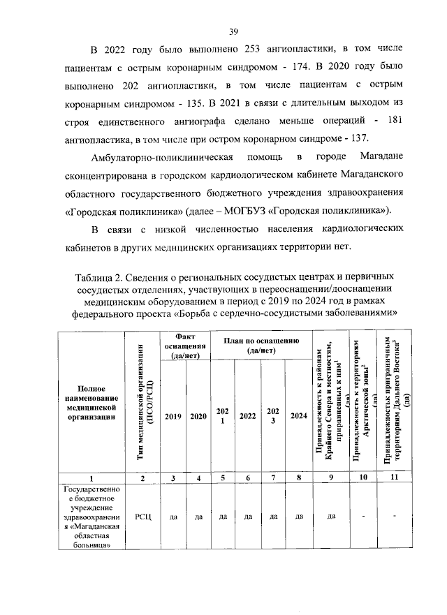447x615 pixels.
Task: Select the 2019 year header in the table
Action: (x=173, y=416)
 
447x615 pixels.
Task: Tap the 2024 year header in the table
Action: (x=299, y=416)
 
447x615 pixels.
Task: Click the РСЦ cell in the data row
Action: (x=142, y=517)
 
